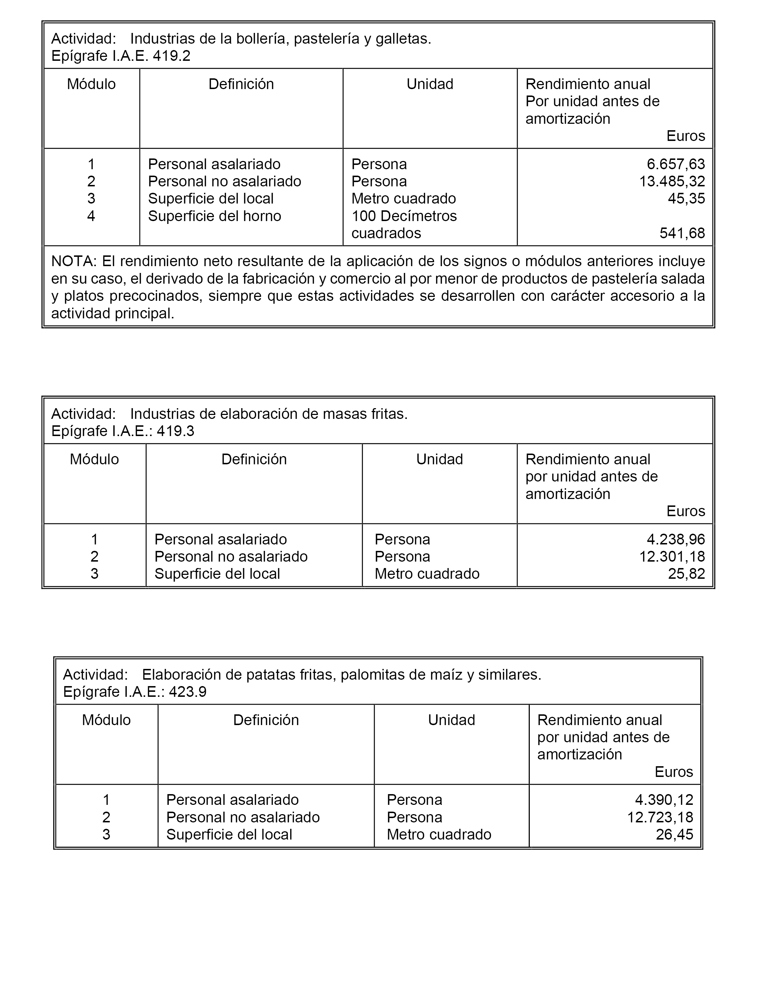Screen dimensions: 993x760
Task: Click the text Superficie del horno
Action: click(x=214, y=216)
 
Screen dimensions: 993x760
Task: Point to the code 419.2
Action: click(x=172, y=56)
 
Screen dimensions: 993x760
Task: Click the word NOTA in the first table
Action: click(x=74, y=261)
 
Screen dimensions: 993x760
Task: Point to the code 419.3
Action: click(x=176, y=431)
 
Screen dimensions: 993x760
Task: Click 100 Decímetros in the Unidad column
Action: click(x=404, y=216)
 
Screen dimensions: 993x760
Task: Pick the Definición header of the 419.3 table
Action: click(x=254, y=459)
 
